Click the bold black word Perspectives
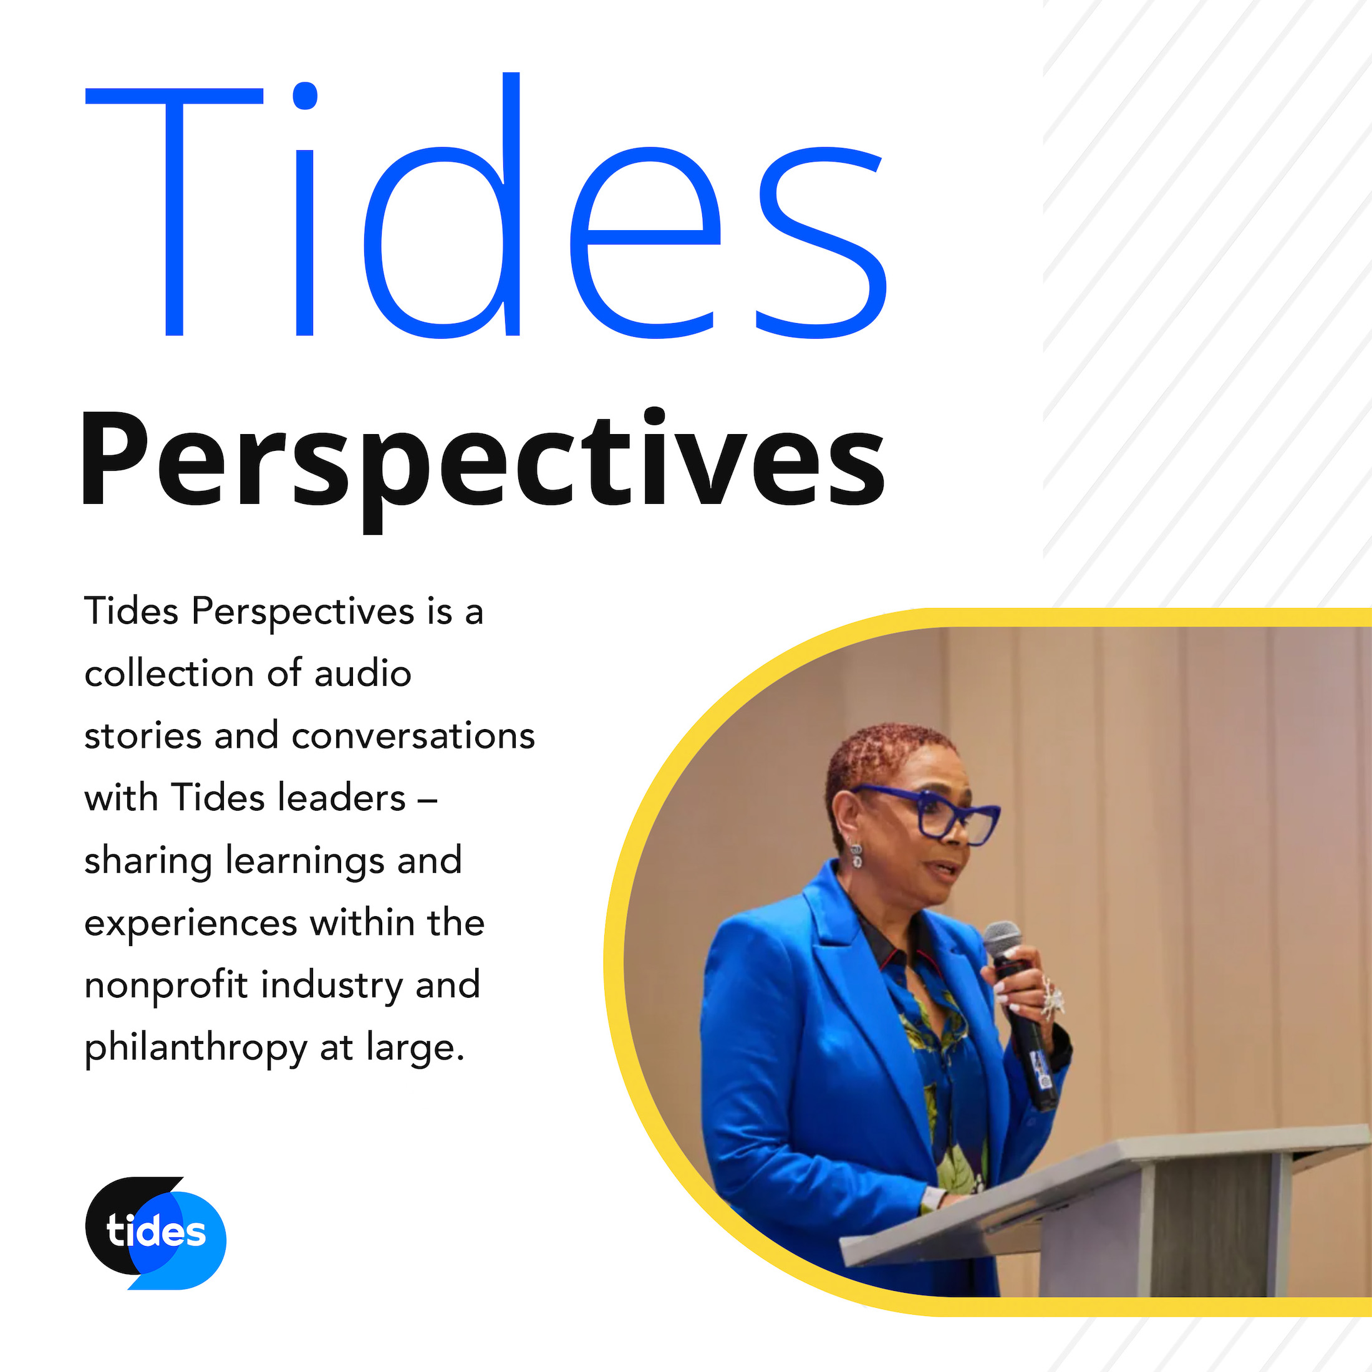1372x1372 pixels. pos(483,461)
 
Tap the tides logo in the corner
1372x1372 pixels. pos(155,1232)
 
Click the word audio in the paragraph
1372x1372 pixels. pos(362,674)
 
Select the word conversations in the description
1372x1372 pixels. pos(413,736)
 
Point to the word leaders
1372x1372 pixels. pos(342,798)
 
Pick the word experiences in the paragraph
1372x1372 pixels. pos(190,924)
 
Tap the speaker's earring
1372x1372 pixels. pos(856,856)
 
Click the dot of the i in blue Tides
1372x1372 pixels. pos(305,97)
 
